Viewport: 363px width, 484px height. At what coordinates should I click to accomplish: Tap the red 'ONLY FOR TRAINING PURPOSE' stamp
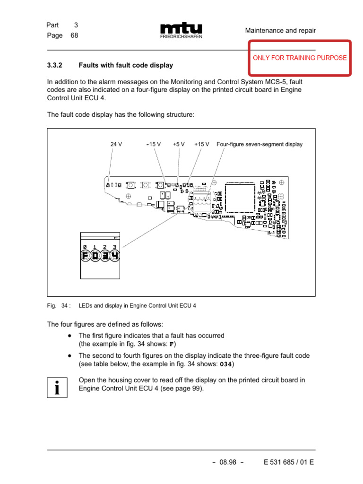click(x=300, y=58)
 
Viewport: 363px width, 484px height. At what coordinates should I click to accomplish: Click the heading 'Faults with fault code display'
click(x=126, y=65)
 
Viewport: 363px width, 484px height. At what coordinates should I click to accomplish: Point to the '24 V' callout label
click(x=116, y=144)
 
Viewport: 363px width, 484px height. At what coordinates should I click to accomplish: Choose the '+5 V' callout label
click(x=179, y=144)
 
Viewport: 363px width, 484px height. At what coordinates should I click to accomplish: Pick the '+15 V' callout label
click(x=202, y=144)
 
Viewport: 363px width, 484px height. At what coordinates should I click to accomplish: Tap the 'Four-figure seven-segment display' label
click(x=259, y=144)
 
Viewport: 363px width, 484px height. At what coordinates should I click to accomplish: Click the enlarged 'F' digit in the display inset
click(x=85, y=256)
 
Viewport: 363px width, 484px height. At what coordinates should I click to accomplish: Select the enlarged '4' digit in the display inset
click(x=114, y=256)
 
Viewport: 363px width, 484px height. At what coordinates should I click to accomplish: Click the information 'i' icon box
click(x=57, y=387)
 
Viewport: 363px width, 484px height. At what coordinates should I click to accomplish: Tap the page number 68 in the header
click(x=74, y=35)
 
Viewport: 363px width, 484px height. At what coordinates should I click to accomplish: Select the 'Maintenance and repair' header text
click(x=280, y=31)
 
